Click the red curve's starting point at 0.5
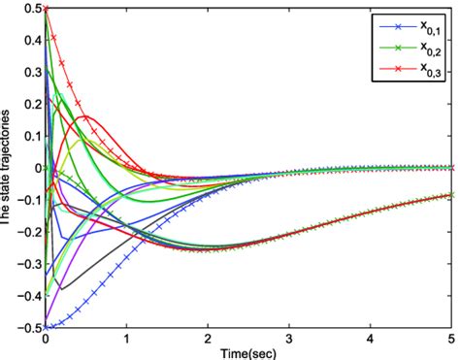(46, 9)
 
